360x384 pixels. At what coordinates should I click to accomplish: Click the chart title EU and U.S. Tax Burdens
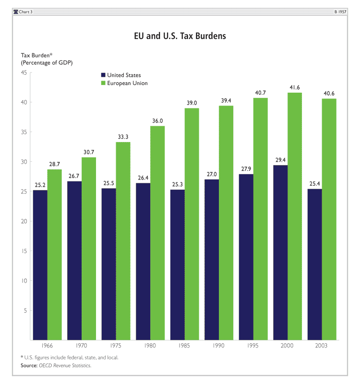point(180,36)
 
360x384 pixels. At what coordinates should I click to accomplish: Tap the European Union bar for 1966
point(54,254)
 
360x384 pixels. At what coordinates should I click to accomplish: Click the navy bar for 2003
point(315,264)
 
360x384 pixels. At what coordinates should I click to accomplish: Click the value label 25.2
point(40,185)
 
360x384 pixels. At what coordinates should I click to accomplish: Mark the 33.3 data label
point(123,137)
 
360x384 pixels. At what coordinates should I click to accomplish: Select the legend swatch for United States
point(103,75)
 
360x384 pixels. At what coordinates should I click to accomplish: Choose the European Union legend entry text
point(127,83)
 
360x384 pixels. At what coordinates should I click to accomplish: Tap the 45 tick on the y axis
point(23,72)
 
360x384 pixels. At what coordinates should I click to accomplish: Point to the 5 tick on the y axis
point(24,311)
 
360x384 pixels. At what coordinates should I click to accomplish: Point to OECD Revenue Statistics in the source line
point(67,366)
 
